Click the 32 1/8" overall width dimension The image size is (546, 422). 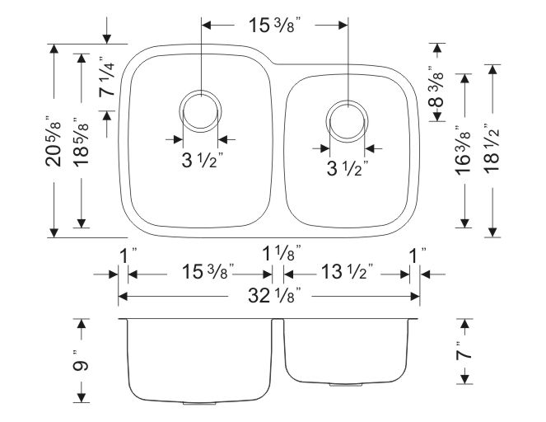274,296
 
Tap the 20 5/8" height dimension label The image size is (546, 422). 54,140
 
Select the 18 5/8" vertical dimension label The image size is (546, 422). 82,143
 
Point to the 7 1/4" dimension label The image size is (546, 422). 106,77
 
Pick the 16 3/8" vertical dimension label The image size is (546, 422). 464,149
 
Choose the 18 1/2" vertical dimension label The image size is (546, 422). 492,148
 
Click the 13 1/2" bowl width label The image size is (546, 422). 348,271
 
